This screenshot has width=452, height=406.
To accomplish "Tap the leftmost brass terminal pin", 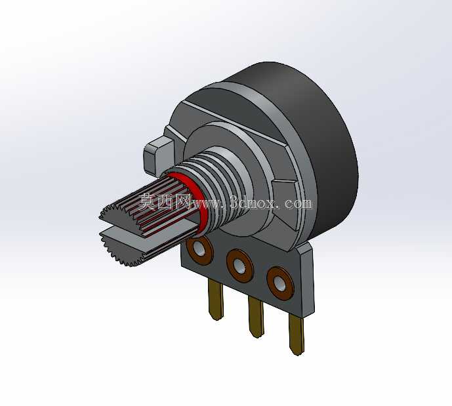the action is point(216,300).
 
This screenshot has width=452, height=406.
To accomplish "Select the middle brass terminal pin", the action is point(257,317).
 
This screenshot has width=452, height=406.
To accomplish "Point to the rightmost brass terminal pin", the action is point(297,335).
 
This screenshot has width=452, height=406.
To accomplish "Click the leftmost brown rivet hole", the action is point(199,249).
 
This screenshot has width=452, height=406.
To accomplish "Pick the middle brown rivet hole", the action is point(240,266).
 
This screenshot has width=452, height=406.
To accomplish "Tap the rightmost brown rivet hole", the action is point(280,283).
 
